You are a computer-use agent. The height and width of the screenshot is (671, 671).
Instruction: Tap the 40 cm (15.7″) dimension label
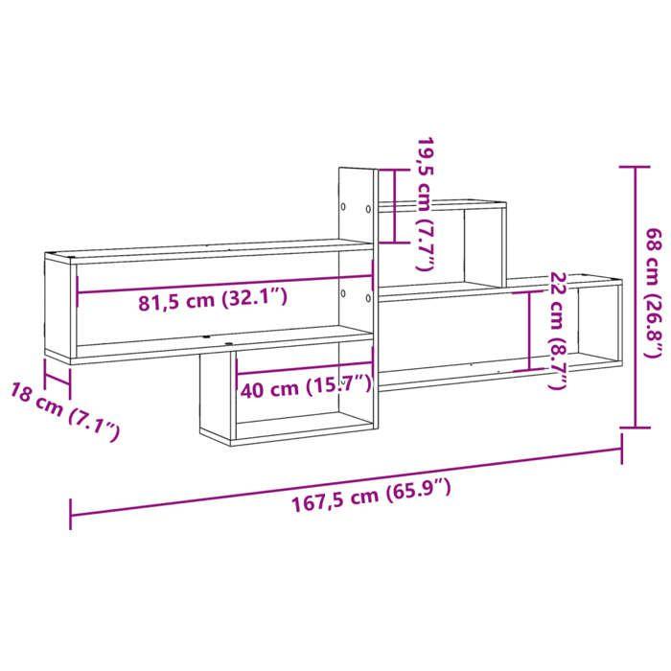(x=306, y=387)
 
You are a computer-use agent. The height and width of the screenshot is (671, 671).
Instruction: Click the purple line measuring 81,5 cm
(x=220, y=284)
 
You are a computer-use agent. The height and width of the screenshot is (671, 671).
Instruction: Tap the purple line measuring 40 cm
(x=304, y=372)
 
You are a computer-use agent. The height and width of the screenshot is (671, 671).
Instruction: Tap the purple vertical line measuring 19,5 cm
(x=393, y=205)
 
